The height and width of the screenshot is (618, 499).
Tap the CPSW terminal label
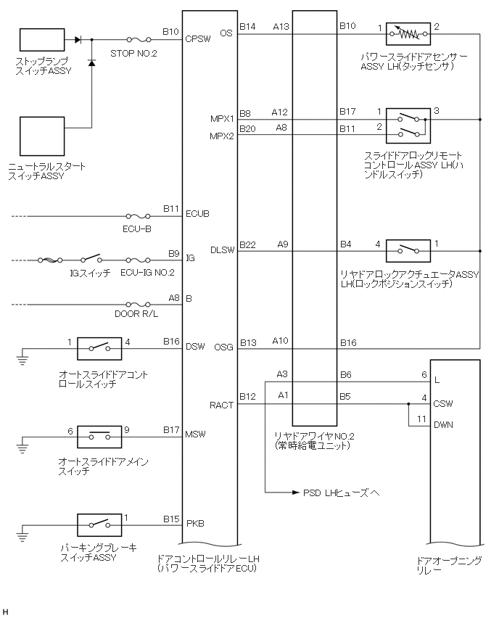coord(198,39)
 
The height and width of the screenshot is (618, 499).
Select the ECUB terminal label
coord(198,215)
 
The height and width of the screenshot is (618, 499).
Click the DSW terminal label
coord(195,347)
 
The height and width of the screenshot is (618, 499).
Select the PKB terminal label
coord(194,522)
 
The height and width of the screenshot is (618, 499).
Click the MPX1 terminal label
coord(222,118)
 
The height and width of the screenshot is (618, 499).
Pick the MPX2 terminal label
coord(222,135)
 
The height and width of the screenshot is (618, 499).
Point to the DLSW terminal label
coord(221,250)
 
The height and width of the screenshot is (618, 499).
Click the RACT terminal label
coord(221,405)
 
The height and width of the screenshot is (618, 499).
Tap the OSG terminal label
coord(224,347)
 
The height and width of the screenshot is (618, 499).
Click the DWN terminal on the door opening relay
coord(444,425)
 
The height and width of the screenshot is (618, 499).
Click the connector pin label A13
coord(281,27)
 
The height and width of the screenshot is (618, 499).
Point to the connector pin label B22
coord(247,244)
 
